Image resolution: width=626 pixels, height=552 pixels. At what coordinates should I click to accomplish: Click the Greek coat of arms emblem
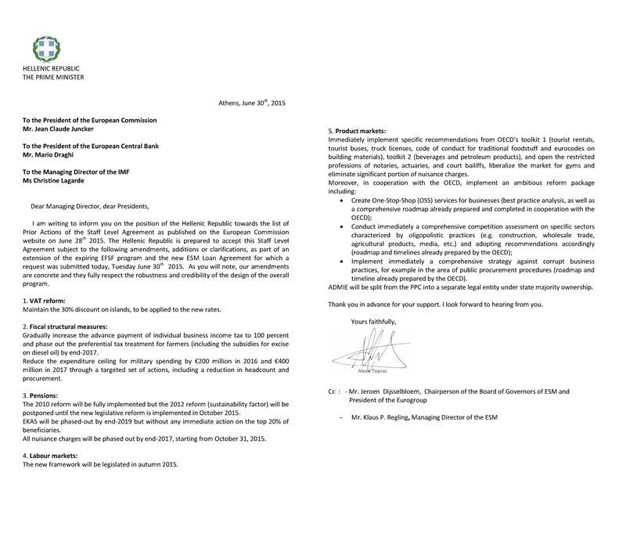pyautogui.click(x=49, y=49)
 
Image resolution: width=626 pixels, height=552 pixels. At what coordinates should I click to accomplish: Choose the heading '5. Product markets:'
pyautogui.click(x=358, y=130)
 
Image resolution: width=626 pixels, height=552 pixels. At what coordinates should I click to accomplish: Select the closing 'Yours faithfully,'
pyautogui.click(x=374, y=321)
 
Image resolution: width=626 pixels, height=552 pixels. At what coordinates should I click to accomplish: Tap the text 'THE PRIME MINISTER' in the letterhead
pyautogui.click(x=53, y=78)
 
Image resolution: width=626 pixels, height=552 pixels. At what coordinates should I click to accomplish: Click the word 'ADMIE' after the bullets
pyautogui.click(x=341, y=287)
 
